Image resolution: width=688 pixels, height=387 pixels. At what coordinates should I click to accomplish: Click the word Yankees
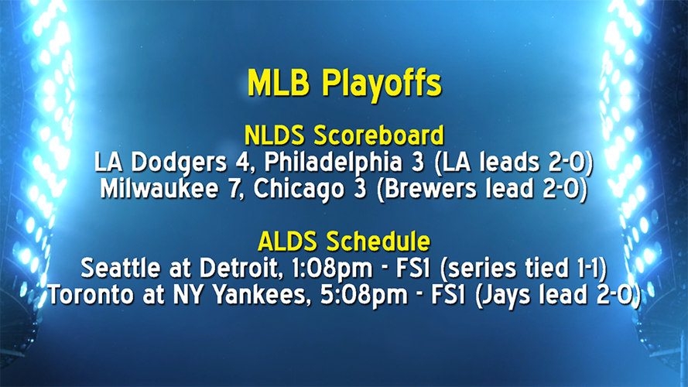248,294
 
